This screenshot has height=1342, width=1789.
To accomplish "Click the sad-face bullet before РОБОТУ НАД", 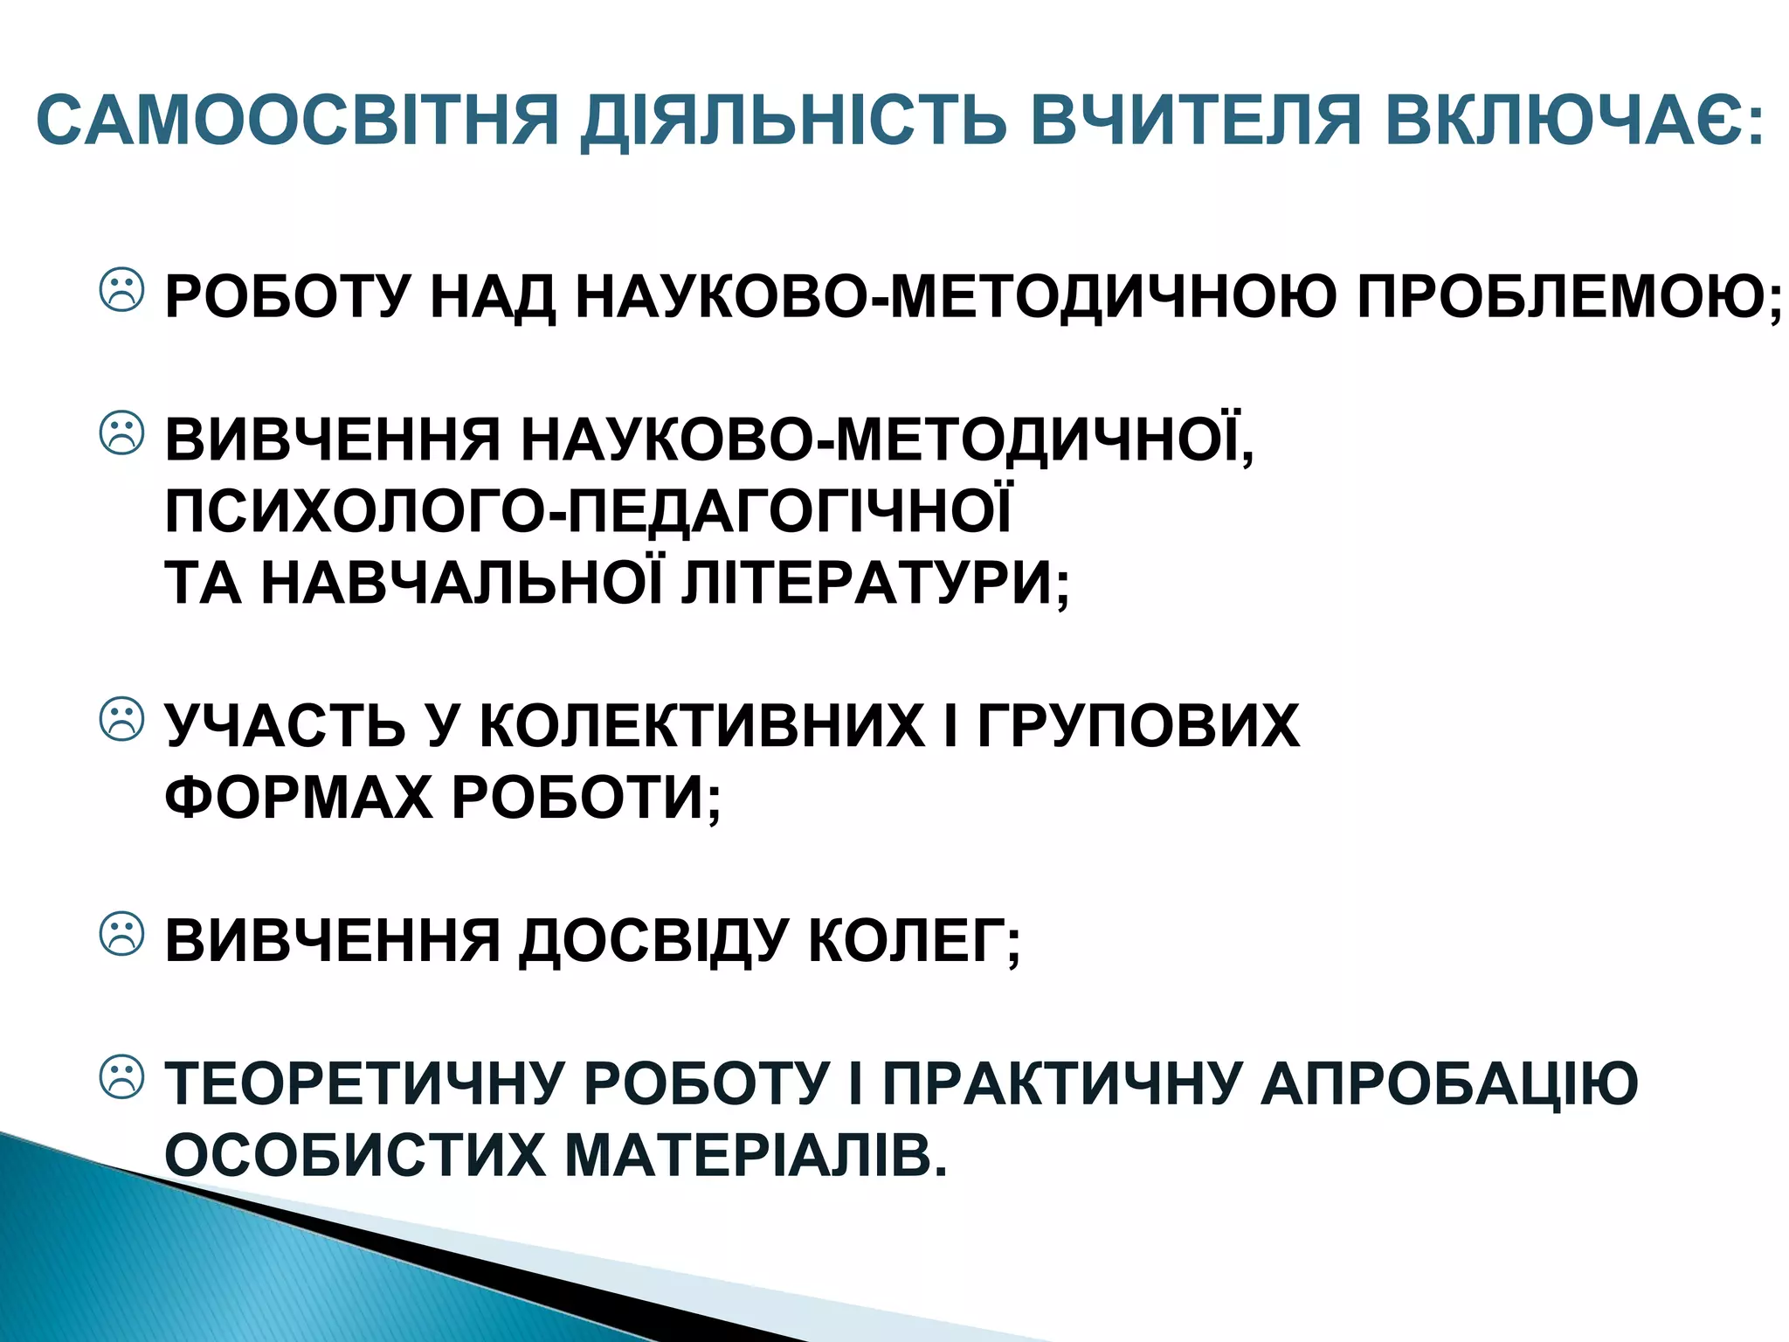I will tap(122, 289).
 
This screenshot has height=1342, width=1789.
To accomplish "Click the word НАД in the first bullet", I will tap(493, 297).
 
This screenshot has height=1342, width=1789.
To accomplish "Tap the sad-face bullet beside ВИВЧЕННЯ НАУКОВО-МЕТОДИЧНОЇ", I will tap(122, 432).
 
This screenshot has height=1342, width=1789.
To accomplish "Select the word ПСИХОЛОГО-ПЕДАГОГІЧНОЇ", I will tap(588, 512).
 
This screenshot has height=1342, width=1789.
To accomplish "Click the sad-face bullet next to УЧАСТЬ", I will tap(122, 719).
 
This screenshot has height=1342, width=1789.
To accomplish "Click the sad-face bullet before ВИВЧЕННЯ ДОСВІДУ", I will tap(122, 934).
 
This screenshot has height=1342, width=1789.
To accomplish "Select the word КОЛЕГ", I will tap(908, 942).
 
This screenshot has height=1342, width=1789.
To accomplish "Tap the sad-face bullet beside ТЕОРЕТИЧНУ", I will tap(122, 1077).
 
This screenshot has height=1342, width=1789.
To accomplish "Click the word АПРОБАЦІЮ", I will tap(1449, 1084).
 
